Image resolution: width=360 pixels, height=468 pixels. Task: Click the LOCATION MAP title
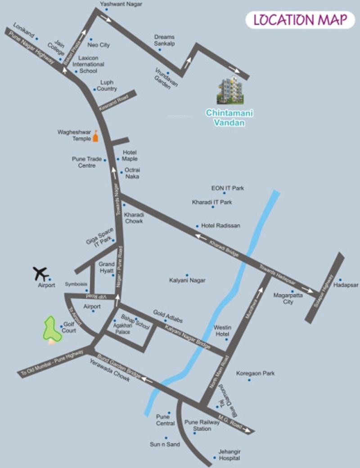coord(300,20)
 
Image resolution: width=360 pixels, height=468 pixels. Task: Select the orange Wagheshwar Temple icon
coord(95,136)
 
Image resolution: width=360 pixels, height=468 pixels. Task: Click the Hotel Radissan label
coord(220,225)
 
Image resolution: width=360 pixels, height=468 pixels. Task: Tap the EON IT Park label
coord(228,188)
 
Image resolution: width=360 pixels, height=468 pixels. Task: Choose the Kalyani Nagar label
coord(187,280)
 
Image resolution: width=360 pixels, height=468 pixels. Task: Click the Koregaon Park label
coord(255,373)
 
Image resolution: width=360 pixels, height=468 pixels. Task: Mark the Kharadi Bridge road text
coord(224,249)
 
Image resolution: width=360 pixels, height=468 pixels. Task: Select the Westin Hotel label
coord(221,331)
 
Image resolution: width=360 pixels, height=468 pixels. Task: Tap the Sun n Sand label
coord(165,445)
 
